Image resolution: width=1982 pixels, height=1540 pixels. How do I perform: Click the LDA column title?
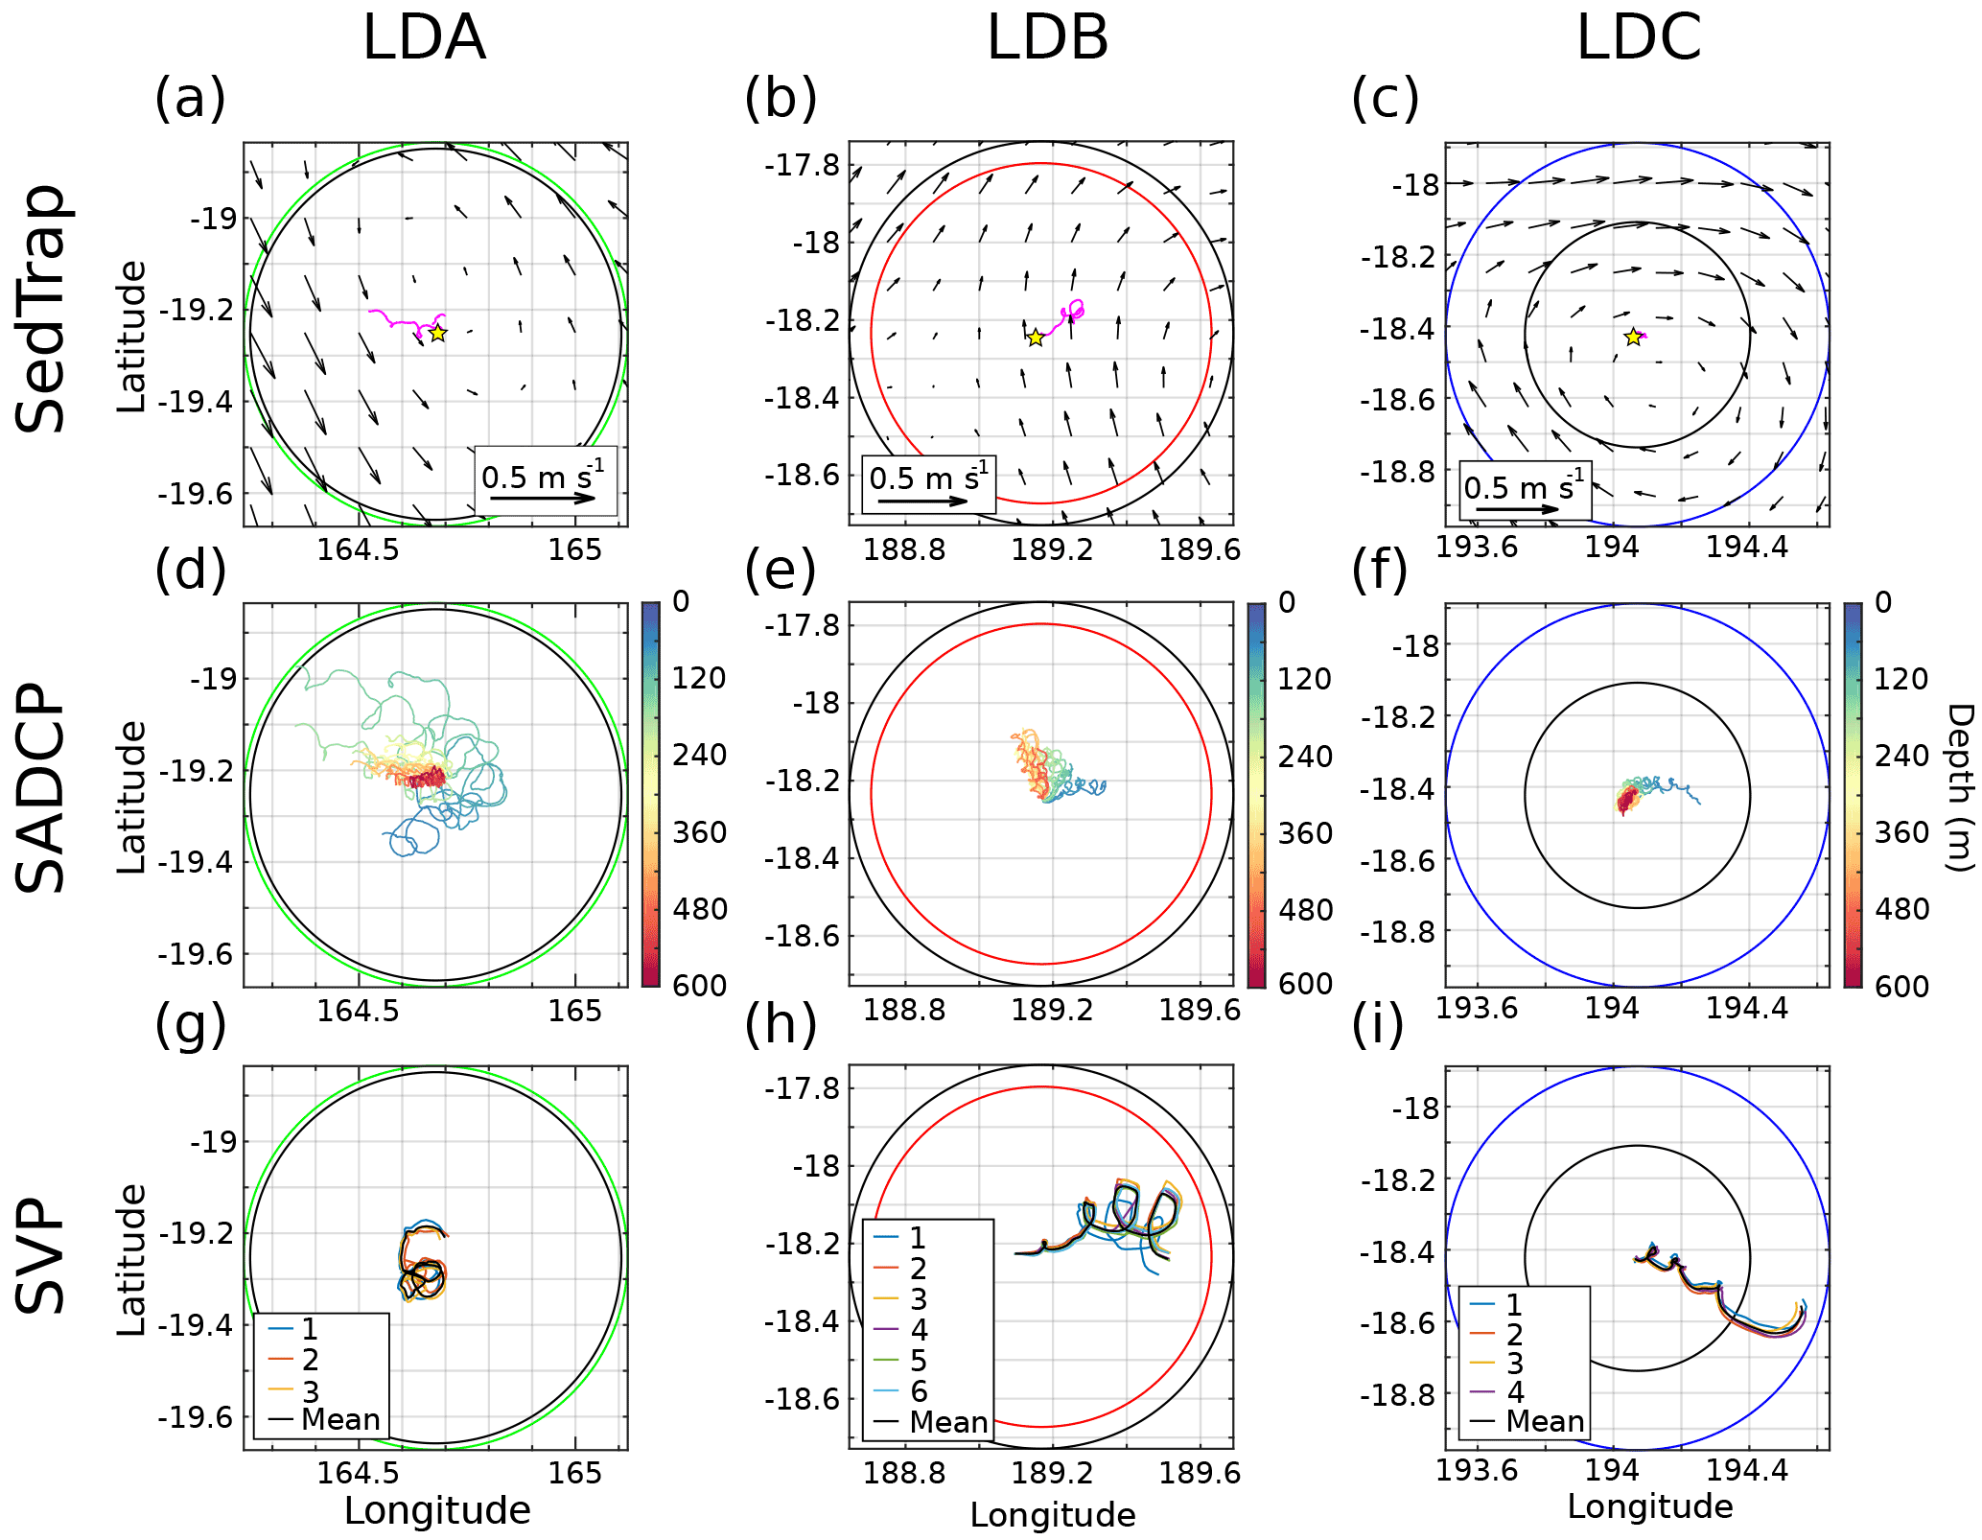(x=424, y=38)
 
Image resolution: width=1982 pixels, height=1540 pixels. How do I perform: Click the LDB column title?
(x=1047, y=38)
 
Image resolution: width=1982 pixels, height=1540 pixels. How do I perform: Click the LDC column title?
(x=1639, y=38)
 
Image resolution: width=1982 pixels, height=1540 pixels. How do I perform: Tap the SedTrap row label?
(x=42, y=309)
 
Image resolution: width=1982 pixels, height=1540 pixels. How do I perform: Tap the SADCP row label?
(x=42, y=787)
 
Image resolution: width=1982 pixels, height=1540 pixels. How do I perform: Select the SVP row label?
(x=42, y=1254)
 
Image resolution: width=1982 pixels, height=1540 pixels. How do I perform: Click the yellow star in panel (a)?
(x=437, y=334)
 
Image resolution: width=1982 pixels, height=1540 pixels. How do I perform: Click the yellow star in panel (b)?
(x=1036, y=338)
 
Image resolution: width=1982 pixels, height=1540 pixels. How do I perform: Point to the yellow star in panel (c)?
(x=1633, y=338)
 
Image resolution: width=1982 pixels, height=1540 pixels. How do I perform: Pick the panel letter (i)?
(x=1378, y=1024)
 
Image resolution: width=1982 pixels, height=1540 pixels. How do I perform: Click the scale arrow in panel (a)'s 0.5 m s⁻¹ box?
(x=543, y=499)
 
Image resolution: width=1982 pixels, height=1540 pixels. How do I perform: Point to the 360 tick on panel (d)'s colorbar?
(x=699, y=832)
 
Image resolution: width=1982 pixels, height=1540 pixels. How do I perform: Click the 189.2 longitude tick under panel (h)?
(x=1052, y=1472)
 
